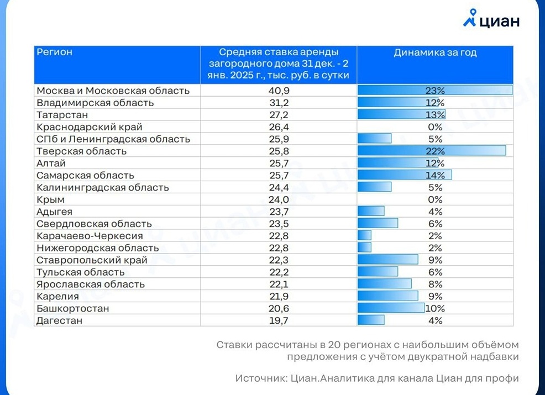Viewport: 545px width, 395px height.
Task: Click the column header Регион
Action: point(54,52)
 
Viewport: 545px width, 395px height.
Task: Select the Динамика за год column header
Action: point(435,52)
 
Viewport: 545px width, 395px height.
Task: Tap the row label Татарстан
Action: point(62,115)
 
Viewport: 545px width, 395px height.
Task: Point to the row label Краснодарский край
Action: point(90,127)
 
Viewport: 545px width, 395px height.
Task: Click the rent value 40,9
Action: point(279,91)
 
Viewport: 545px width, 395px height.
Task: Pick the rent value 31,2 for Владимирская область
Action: point(279,103)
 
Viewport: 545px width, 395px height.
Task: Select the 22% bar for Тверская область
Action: point(432,151)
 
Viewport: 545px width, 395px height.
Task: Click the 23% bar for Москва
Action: point(435,91)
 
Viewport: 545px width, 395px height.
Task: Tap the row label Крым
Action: point(50,200)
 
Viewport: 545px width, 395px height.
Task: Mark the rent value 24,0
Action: point(279,200)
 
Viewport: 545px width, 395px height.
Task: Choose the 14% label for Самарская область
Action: point(435,176)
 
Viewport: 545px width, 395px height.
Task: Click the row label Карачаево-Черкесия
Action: point(90,236)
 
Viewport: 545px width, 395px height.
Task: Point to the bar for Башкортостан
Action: point(391,308)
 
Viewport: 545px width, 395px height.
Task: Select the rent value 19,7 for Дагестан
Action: point(279,320)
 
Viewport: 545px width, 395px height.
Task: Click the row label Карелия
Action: point(57,296)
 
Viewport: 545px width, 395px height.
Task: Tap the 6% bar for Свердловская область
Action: point(378,223)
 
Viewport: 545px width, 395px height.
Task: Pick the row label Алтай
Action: point(51,164)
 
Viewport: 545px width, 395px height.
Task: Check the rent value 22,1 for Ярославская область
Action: point(279,284)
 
